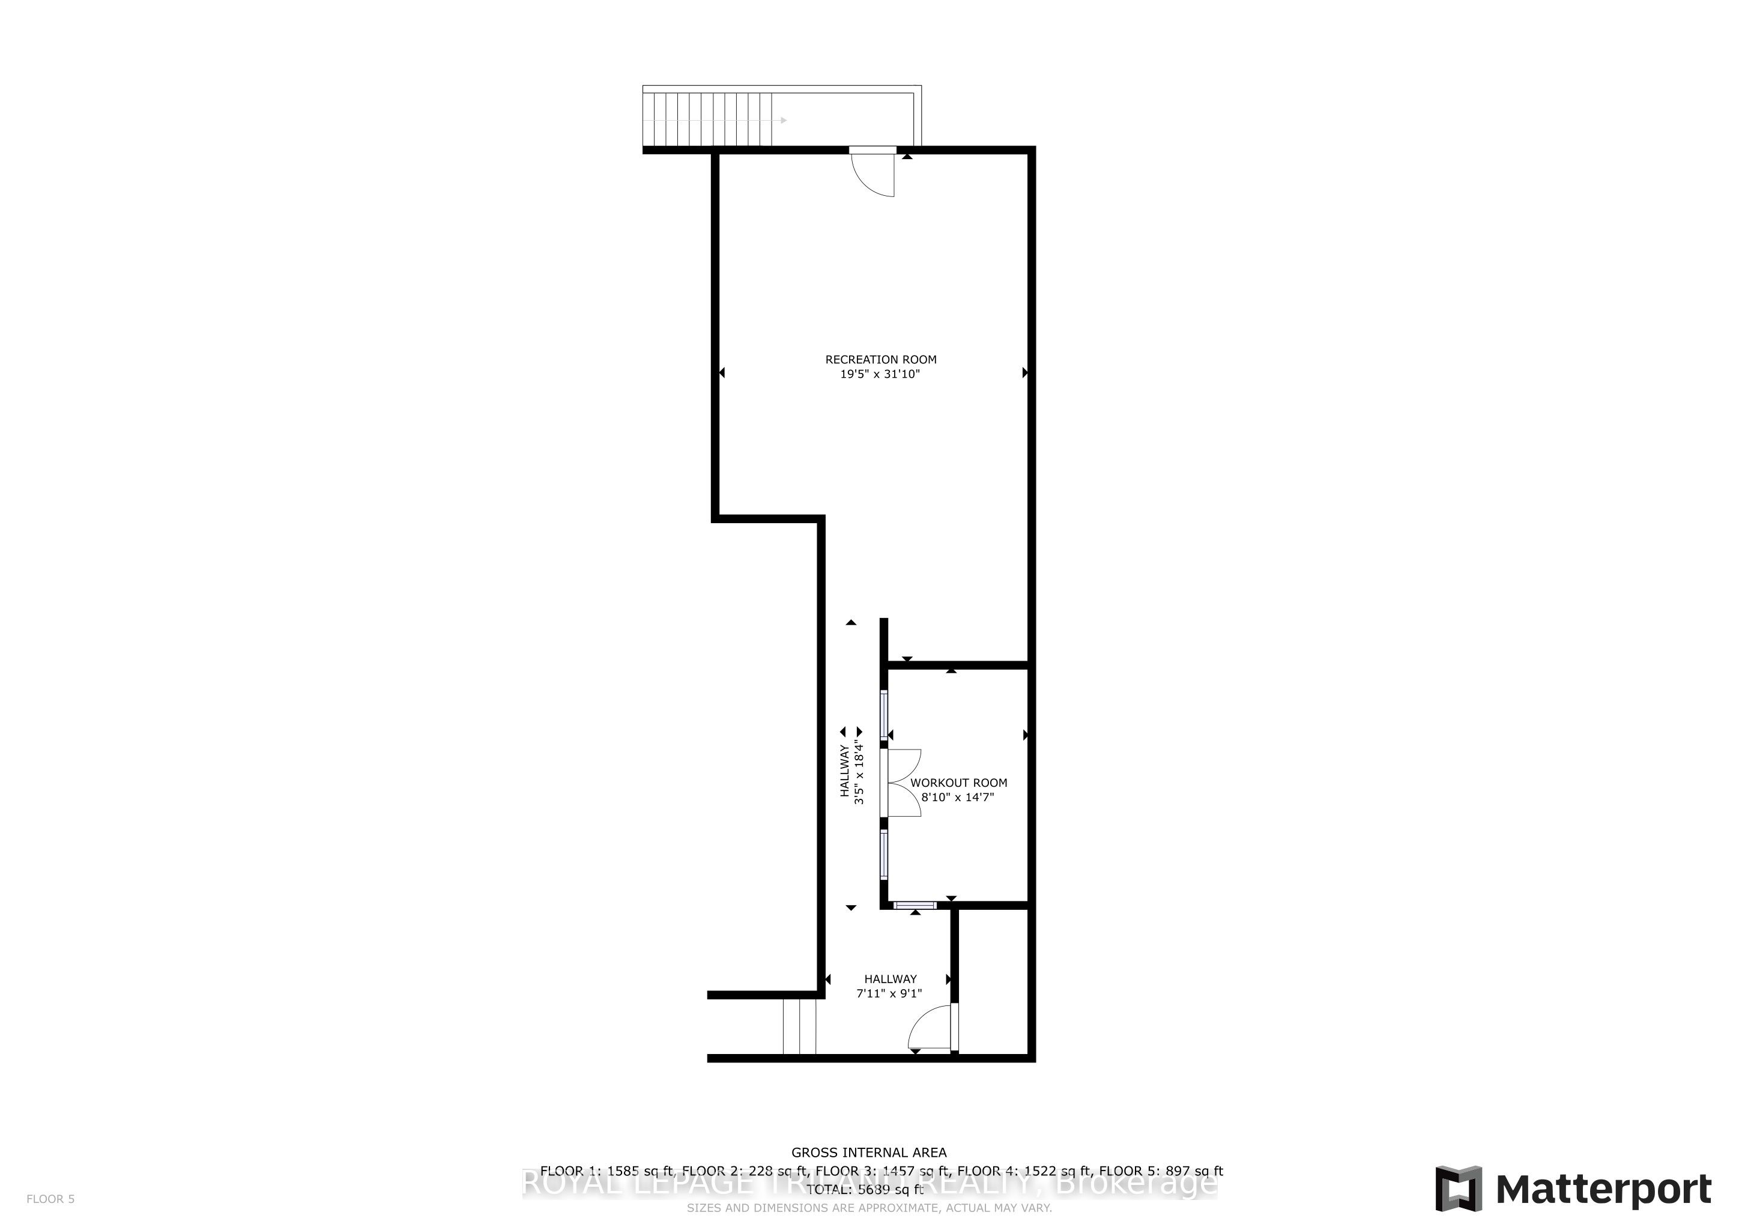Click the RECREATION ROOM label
coord(880,360)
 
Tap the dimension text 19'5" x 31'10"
coord(880,374)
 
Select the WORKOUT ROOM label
coord(959,783)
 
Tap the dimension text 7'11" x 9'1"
coord(889,994)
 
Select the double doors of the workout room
coord(903,783)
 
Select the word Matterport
coord(1603,1189)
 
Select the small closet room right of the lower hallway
coord(993,981)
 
